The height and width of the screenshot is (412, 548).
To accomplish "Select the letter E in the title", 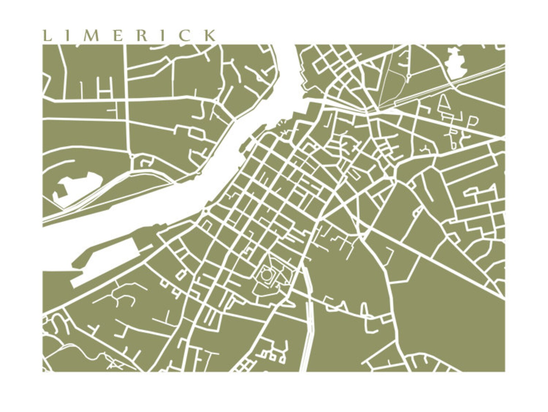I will pos(118,36).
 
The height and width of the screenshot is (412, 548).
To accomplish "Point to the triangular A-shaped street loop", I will pos(446,103).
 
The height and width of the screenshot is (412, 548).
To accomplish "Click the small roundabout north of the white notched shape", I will pos(132,157).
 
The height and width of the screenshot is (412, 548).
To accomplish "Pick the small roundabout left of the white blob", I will pos(408,74).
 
